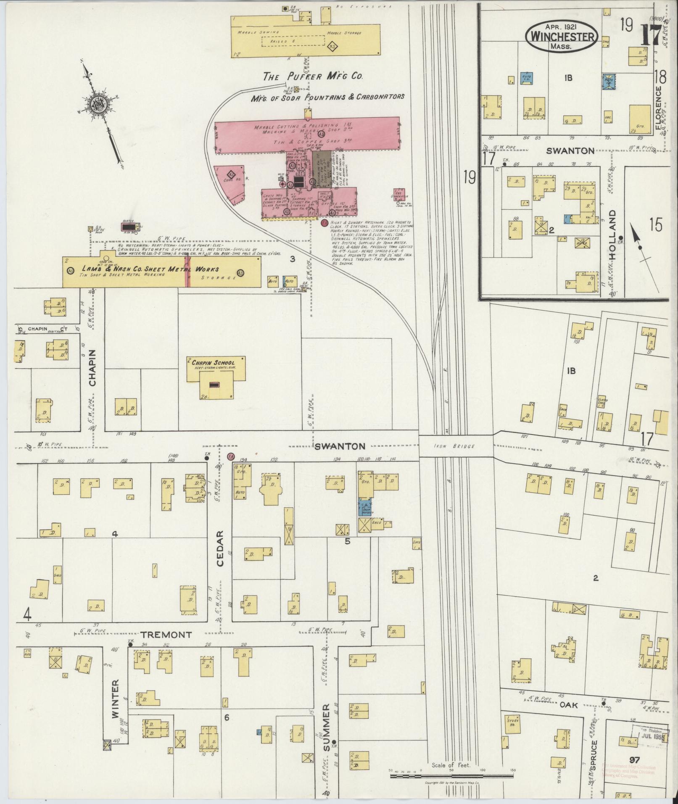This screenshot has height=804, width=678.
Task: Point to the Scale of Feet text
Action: click(x=451, y=765)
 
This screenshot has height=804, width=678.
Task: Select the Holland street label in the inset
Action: click(x=613, y=235)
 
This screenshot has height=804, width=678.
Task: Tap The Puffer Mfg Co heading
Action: click(x=313, y=76)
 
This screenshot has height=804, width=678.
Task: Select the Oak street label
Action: click(x=568, y=705)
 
